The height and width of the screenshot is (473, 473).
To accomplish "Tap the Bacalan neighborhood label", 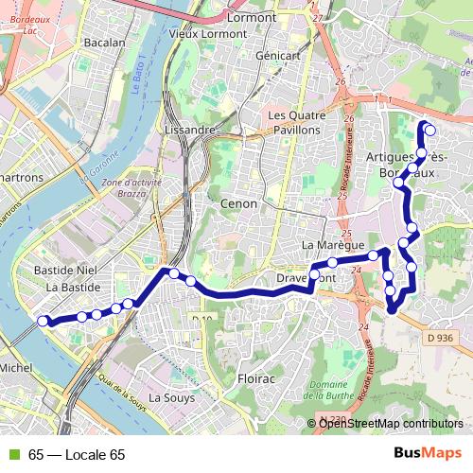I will click(104, 43).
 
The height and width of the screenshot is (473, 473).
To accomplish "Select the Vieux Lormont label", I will click(208, 34).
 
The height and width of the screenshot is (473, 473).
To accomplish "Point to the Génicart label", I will click(278, 56).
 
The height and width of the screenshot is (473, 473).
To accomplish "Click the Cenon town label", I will click(237, 203).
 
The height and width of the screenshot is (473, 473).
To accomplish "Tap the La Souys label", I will click(171, 398).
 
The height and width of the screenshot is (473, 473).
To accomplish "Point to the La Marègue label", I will click(326, 245).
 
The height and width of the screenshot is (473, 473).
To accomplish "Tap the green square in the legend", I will click(11, 455).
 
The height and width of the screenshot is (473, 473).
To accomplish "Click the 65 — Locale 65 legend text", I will click(77, 455).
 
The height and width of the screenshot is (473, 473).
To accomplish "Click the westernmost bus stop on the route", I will click(43, 321).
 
